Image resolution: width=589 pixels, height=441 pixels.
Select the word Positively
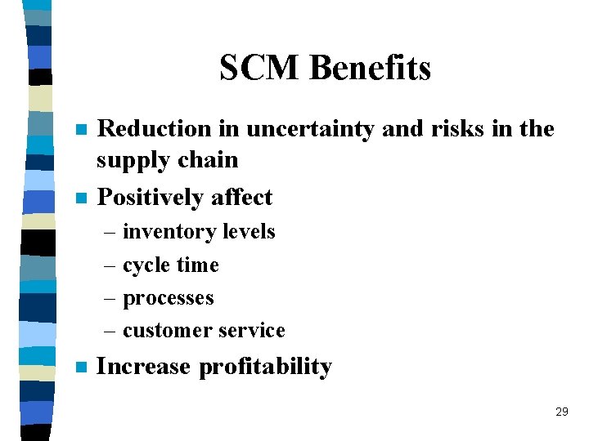point(151,198)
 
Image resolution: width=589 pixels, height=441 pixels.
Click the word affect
point(241,197)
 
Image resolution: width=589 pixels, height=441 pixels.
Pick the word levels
point(245,232)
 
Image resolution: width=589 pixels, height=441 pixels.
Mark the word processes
point(169,299)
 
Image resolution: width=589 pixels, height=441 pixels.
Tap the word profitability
point(266,367)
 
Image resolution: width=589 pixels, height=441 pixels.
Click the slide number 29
point(561,412)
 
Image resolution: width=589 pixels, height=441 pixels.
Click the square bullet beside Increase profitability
point(79,367)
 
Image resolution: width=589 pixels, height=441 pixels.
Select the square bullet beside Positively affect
point(79,198)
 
